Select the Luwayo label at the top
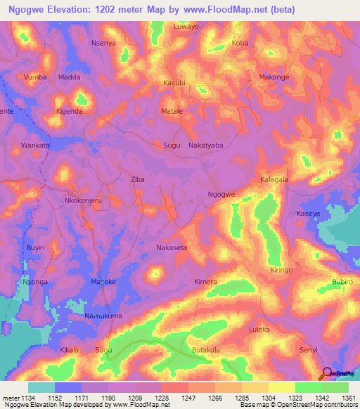(186, 26)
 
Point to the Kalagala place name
(275, 179)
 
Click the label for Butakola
(206, 349)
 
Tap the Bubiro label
(342, 282)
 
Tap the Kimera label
(205, 282)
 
